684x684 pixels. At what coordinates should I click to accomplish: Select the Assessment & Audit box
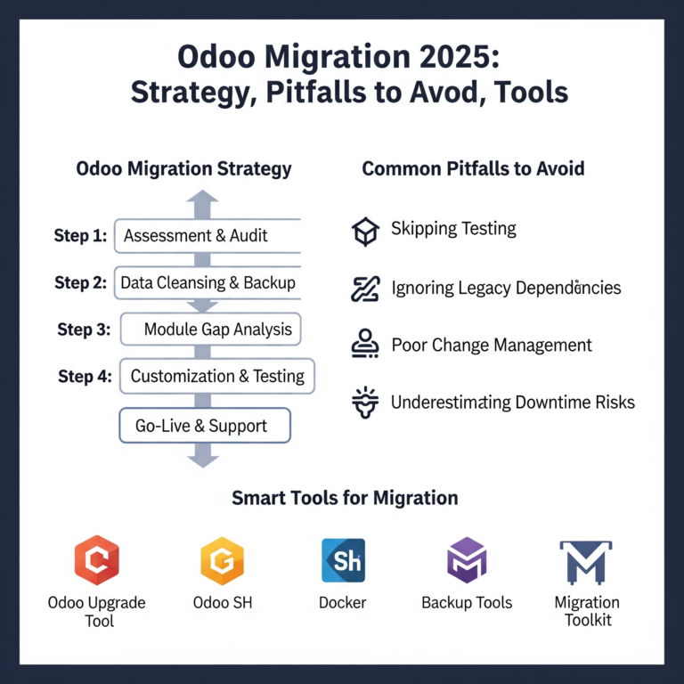(x=208, y=236)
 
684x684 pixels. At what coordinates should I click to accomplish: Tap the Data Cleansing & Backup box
(x=208, y=283)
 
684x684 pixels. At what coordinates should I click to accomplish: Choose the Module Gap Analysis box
(x=211, y=330)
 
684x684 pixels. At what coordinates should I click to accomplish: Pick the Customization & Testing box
(x=216, y=376)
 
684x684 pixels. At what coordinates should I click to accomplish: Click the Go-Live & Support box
(x=206, y=426)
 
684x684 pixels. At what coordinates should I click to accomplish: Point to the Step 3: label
(x=84, y=330)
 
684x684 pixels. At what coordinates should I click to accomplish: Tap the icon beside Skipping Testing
(x=365, y=231)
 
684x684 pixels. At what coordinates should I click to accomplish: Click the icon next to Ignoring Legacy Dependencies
(x=365, y=289)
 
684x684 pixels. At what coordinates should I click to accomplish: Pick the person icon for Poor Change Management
(x=365, y=345)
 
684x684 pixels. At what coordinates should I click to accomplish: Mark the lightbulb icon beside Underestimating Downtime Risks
(x=365, y=402)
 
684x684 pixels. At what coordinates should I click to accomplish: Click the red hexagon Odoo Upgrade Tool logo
(x=97, y=559)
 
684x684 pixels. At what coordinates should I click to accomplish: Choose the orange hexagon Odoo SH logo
(x=223, y=559)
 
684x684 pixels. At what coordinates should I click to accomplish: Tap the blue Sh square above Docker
(x=343, y=560)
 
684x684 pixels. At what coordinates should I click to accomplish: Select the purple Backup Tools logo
(x=467, y=560)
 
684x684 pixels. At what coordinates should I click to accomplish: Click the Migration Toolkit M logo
(x=586, y=561)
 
